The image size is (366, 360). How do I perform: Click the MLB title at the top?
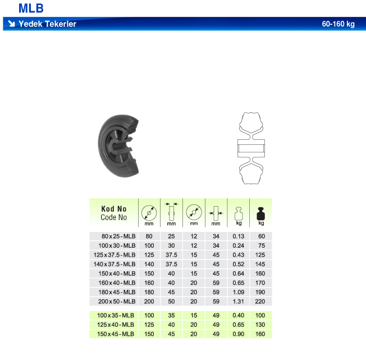coord(31,8)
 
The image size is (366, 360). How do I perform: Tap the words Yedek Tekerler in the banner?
coord(47,24)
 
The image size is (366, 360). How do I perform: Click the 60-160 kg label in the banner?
coord(338,24)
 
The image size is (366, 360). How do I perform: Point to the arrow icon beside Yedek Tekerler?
coord(11,24)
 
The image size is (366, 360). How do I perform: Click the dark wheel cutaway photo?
coord(118,145)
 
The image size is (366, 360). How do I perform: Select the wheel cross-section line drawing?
coord(251,148)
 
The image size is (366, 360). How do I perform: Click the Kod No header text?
coord(114,209)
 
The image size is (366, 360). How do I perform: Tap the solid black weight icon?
coord(261,213)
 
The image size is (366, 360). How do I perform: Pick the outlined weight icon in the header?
coord(239,213)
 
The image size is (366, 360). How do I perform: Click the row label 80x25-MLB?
coord(118,236)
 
